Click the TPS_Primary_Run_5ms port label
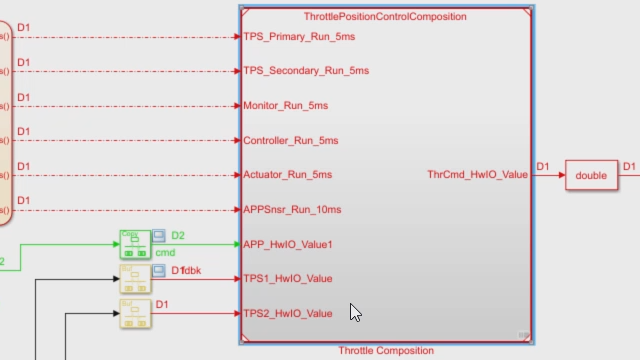coord(299,37)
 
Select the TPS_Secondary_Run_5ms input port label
coord(306,71)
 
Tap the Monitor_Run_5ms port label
coord(286,105)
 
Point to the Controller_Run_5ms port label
coord(291,140)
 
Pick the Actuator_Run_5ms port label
coord(288,175)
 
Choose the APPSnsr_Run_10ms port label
coord(292,210)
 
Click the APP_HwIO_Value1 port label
coord(288,244)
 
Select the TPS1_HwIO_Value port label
coord(288,279)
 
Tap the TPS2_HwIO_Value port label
coord(288,314)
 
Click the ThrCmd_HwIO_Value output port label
coord(477,175)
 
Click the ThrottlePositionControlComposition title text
coord(385,16)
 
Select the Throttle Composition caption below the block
coord(386,351)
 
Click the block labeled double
coord(591,175)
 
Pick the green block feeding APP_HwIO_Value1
coord(134,244)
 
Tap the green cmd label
coord(165,253)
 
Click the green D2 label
coord(178,236)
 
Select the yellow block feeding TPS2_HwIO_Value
coord(134,314)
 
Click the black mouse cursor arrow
coord(355,312)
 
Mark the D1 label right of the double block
coord(629,167)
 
